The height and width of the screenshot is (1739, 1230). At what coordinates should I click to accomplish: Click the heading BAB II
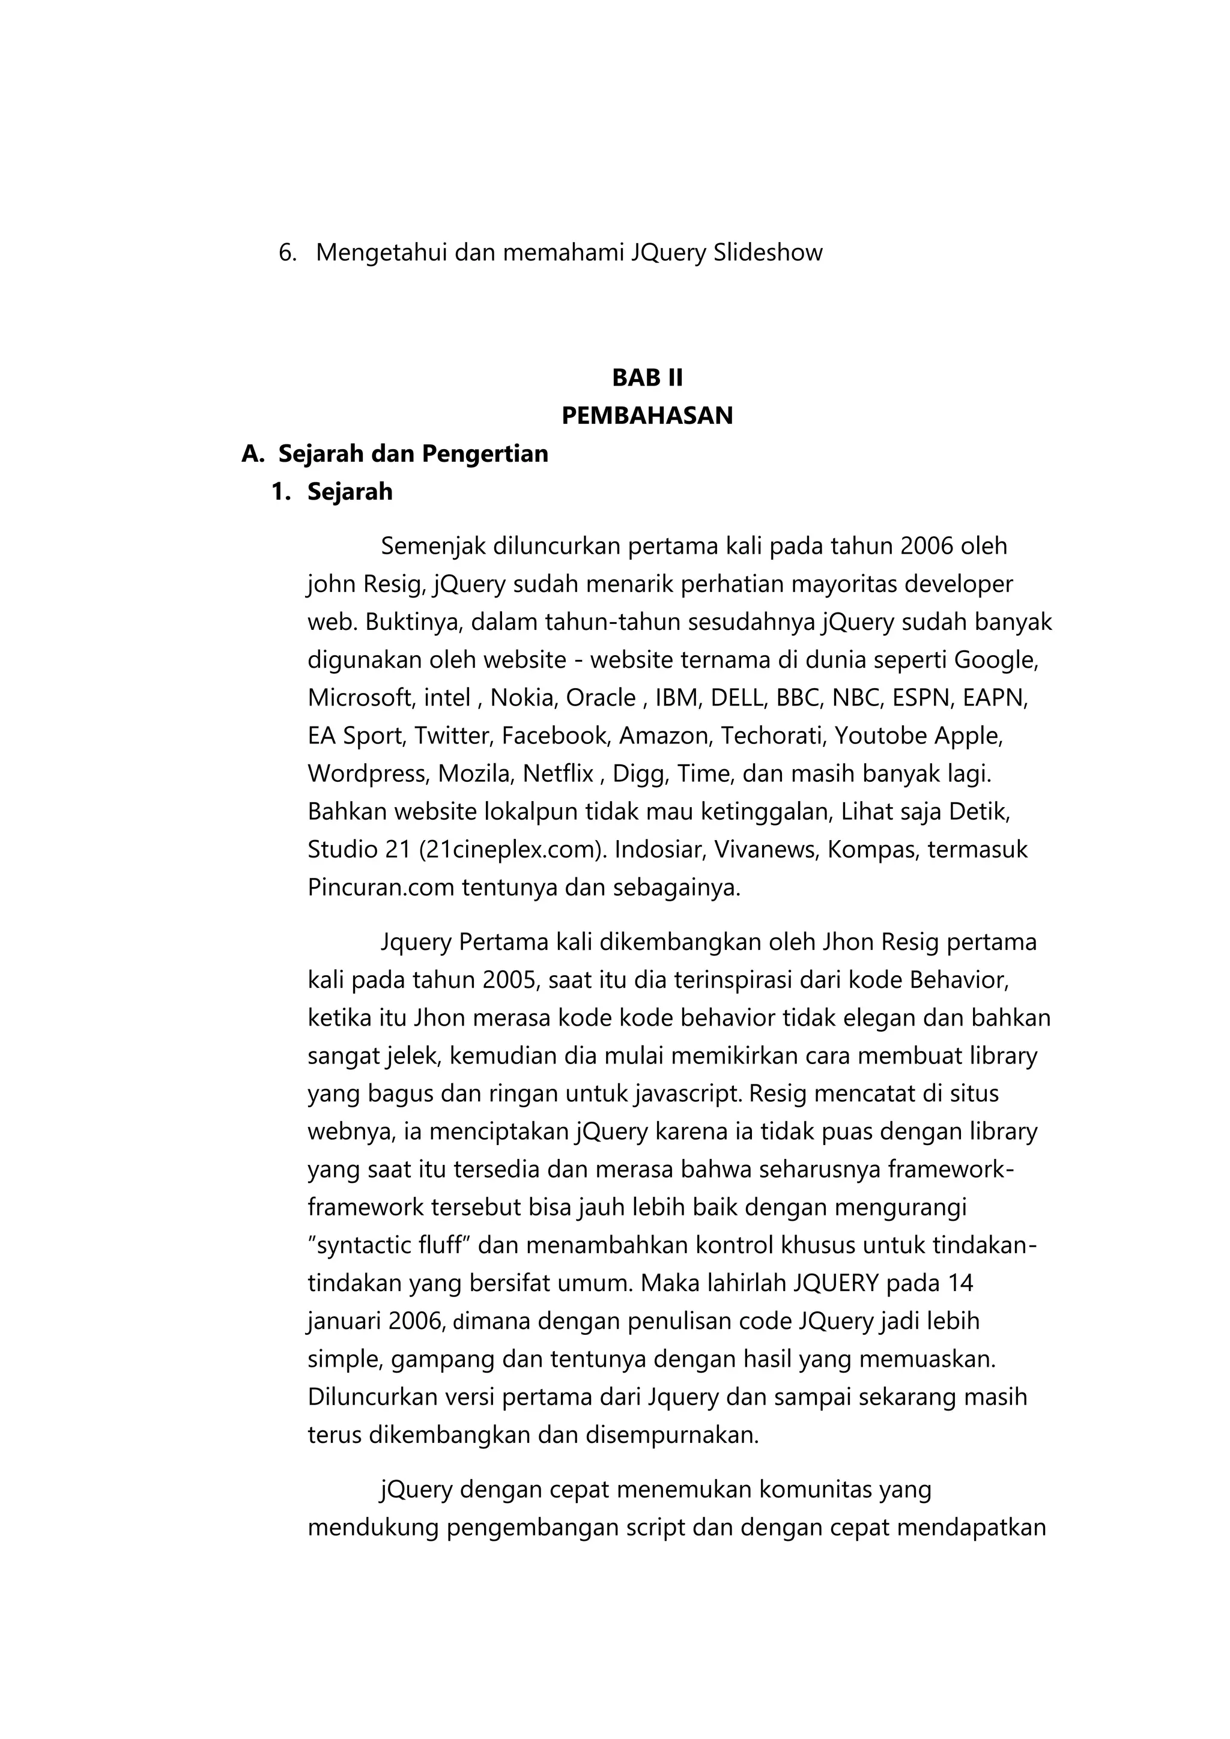tap(647, 377)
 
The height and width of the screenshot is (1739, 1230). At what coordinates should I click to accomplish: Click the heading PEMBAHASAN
tap(647, 416)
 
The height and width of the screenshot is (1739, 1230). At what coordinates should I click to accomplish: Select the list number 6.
tap(286, 252)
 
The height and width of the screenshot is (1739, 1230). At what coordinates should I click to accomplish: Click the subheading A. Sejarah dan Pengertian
tap(395, 454)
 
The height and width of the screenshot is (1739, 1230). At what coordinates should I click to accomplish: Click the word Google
tap(995, 660)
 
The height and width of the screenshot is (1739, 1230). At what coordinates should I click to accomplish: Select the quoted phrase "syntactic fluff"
tap(386, 1245)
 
